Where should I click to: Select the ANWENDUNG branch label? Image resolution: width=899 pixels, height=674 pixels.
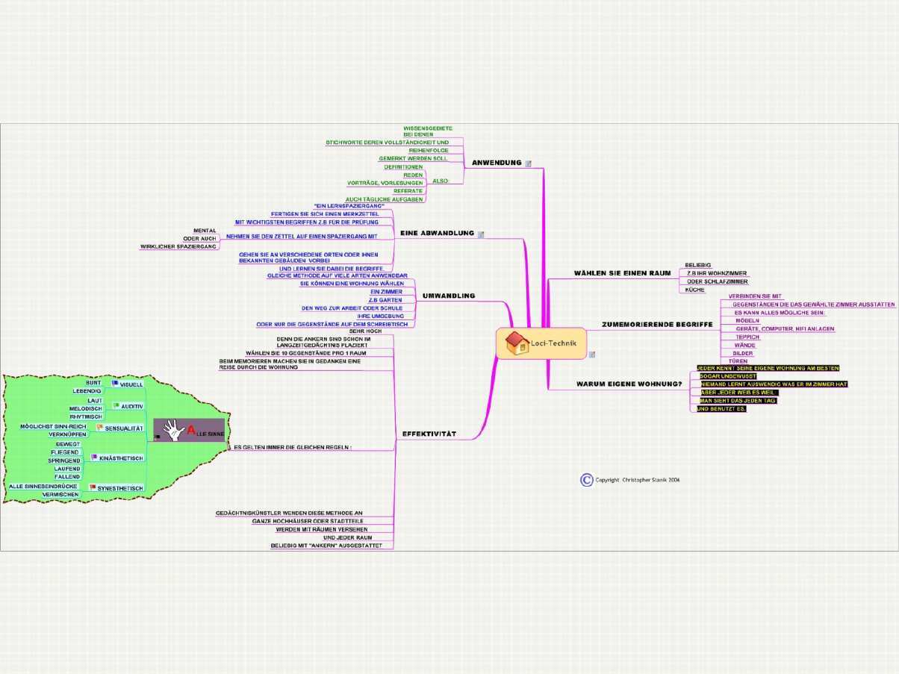click(497, 163)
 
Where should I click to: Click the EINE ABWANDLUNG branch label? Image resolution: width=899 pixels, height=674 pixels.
click(437, 234)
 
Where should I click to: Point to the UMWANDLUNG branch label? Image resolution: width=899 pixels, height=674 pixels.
click(449, 296)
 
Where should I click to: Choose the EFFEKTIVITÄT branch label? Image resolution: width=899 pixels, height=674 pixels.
click(429, 434)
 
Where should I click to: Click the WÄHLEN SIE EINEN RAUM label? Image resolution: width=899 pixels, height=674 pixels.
click(622, 273)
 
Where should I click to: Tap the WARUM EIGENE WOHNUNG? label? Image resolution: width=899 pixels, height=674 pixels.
click(629, 384)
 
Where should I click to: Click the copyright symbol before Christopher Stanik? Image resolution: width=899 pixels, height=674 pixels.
click(587, 480)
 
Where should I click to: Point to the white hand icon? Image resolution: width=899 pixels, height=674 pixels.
click(172, 430)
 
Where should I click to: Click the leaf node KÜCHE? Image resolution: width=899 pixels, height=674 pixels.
click(695, 290)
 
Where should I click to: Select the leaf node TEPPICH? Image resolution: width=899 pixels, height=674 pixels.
click(747, 337)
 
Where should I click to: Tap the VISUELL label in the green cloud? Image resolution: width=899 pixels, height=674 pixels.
click(131, 384)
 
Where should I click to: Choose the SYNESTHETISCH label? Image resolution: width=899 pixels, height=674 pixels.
click(120, 488)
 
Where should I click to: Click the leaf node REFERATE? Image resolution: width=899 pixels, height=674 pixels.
click(408, 191)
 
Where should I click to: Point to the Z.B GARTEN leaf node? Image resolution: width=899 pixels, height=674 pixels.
click(385, 300)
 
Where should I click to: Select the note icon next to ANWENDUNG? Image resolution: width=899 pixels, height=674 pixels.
click(529, 163)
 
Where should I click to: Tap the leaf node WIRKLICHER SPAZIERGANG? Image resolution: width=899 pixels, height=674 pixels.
click(178, 246)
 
